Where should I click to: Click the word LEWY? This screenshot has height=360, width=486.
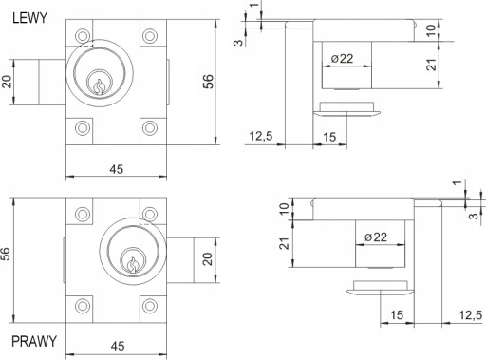(29, 18)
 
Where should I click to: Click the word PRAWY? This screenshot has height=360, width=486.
(34, 341)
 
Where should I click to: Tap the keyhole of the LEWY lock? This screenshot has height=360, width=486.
(100, 86)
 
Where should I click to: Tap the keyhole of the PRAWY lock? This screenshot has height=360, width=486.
(133, 265)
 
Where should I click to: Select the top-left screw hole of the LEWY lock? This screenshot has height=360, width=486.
(83, 36)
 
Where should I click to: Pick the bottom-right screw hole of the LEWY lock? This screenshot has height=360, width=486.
(150, 128)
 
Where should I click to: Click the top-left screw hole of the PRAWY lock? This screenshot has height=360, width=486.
(83, 214)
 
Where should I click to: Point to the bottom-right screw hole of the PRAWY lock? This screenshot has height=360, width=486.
(150, 306)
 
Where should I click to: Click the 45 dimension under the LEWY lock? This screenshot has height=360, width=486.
(117, 169)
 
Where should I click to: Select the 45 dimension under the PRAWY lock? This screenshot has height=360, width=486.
(118, 346)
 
